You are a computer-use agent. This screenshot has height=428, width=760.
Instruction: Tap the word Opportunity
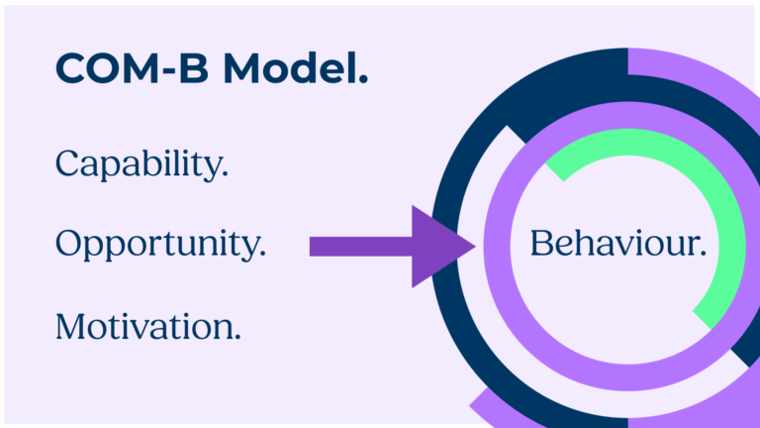tap(157, 245)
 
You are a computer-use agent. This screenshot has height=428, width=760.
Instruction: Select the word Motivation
tap(144, 326)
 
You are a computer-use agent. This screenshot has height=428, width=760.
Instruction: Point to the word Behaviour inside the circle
tap(614, 243)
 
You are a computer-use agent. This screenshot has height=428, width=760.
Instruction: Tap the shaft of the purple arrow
tap(361, 247)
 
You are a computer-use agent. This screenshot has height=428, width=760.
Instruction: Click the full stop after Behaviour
tap(703, 253)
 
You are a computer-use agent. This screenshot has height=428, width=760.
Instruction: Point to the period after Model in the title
tap(364, 79)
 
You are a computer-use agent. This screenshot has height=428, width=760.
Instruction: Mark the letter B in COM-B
tap(194, 68)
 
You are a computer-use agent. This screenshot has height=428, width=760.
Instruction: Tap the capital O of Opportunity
tap(71, 243)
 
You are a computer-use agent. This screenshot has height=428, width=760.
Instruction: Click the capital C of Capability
tap(67, 163)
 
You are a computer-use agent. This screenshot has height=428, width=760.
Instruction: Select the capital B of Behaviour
tap(542, 243)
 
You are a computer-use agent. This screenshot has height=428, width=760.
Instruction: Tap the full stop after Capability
tap(225, 174)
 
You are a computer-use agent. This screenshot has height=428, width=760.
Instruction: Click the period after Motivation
tap(237, 337)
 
